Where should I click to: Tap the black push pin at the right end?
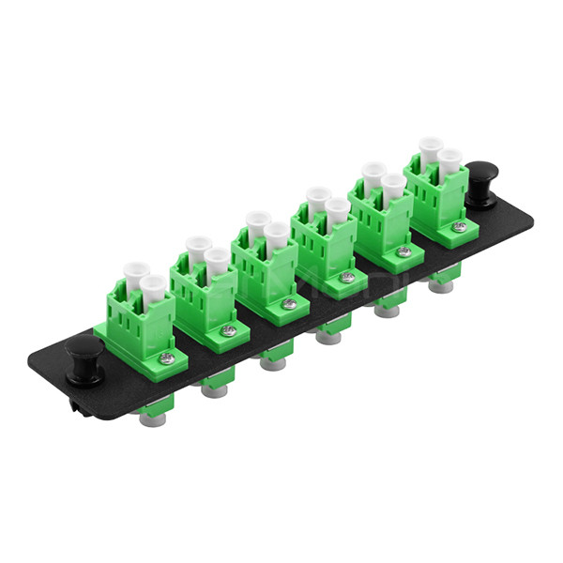pyautogui.click(x=483, y=180)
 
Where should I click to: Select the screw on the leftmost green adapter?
pyautogui.click(x=166, y=356)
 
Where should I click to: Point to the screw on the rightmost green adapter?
pyautogui.click(x=459, y=226)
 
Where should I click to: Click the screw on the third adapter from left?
pyautogui.click(x=290, y=303)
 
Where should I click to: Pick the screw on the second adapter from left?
pyautogui.click(x=228, y=330)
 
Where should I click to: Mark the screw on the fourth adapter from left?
pyautogui.click(x=348, y=278)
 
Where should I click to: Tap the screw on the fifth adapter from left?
pyautogui.click(x=403, y=251)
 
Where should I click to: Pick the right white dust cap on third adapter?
pyautogui.click(x=276, y=235)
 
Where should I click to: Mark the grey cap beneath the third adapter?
pyautogui.click(x=273, y=361)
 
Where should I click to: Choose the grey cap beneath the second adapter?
pyautogui.click(x=210, y=387)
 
